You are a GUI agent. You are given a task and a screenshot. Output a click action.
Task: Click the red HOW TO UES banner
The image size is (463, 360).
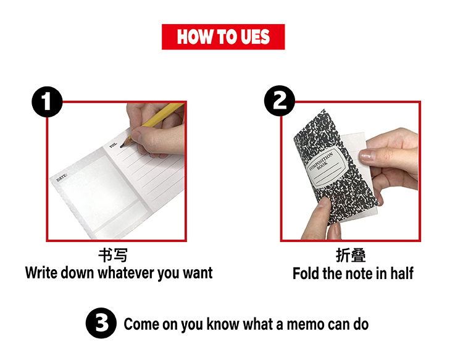(x=223, y=37)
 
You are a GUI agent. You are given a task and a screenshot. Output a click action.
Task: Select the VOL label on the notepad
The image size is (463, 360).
(x=113, y=146)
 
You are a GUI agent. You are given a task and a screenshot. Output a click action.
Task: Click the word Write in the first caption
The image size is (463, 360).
(x=42, y=273)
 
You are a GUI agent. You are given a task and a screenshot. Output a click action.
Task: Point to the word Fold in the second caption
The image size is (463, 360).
(x=306, y=273)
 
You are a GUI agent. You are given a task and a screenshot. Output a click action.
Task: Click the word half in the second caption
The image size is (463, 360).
(x=399, y=273)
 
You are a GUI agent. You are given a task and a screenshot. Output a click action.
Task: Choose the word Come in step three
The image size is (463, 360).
(x=142, y=324)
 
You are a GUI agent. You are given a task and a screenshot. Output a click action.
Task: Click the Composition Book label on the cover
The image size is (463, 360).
(x=322, y=166)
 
